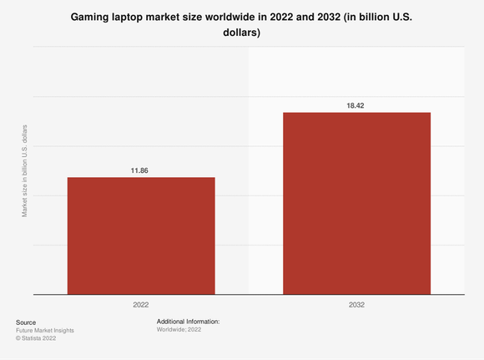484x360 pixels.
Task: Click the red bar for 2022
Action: coord(141,236)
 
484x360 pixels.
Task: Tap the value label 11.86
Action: coord(141,170)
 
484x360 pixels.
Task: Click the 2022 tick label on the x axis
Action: coord(141,305)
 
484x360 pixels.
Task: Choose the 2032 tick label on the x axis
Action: coord(356,305)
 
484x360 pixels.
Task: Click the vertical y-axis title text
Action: coord(24,171)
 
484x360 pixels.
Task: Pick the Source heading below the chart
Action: coord(26,322)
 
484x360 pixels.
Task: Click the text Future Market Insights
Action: coord(45,330)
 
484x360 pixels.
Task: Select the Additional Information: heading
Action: coord(188,322)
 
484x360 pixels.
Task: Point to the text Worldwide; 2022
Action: coord(179,330)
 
